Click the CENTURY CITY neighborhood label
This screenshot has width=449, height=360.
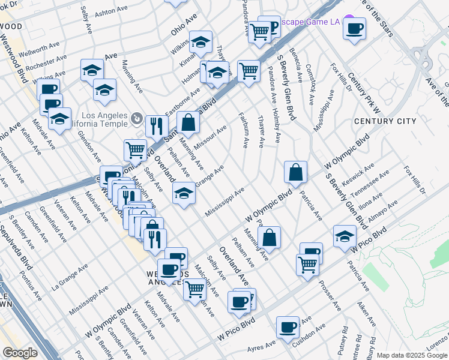(385, 121)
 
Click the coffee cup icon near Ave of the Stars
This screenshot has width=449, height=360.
(355, 28)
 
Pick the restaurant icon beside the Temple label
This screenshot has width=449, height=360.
(156, 126)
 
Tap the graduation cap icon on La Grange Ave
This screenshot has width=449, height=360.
(184, 193)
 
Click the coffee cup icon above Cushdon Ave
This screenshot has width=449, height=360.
(288, 327)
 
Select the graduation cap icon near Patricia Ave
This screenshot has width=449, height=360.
(345, 235)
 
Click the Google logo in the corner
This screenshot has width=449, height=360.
(20, 352)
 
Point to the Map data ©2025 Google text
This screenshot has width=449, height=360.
(412, 355)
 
